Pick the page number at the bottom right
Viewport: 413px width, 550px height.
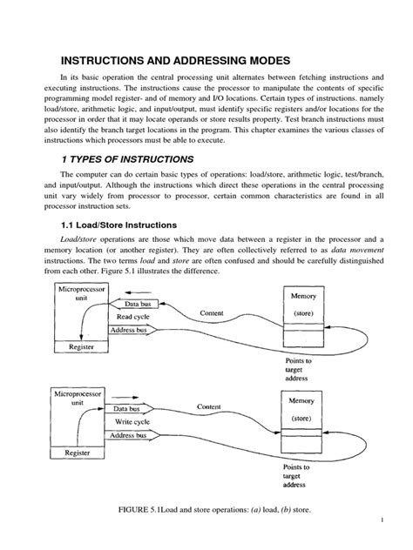pyautogui.click(x=383, y=520)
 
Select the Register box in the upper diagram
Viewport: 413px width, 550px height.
pyautogui.click(x=79, y=346)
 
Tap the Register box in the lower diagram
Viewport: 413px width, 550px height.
pyautogui.click(x=79, y=454)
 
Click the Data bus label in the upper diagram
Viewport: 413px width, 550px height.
pyautogui.click(x=139, y=304)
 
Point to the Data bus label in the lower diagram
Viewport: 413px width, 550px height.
pyautogui.click(x=133, y=407)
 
